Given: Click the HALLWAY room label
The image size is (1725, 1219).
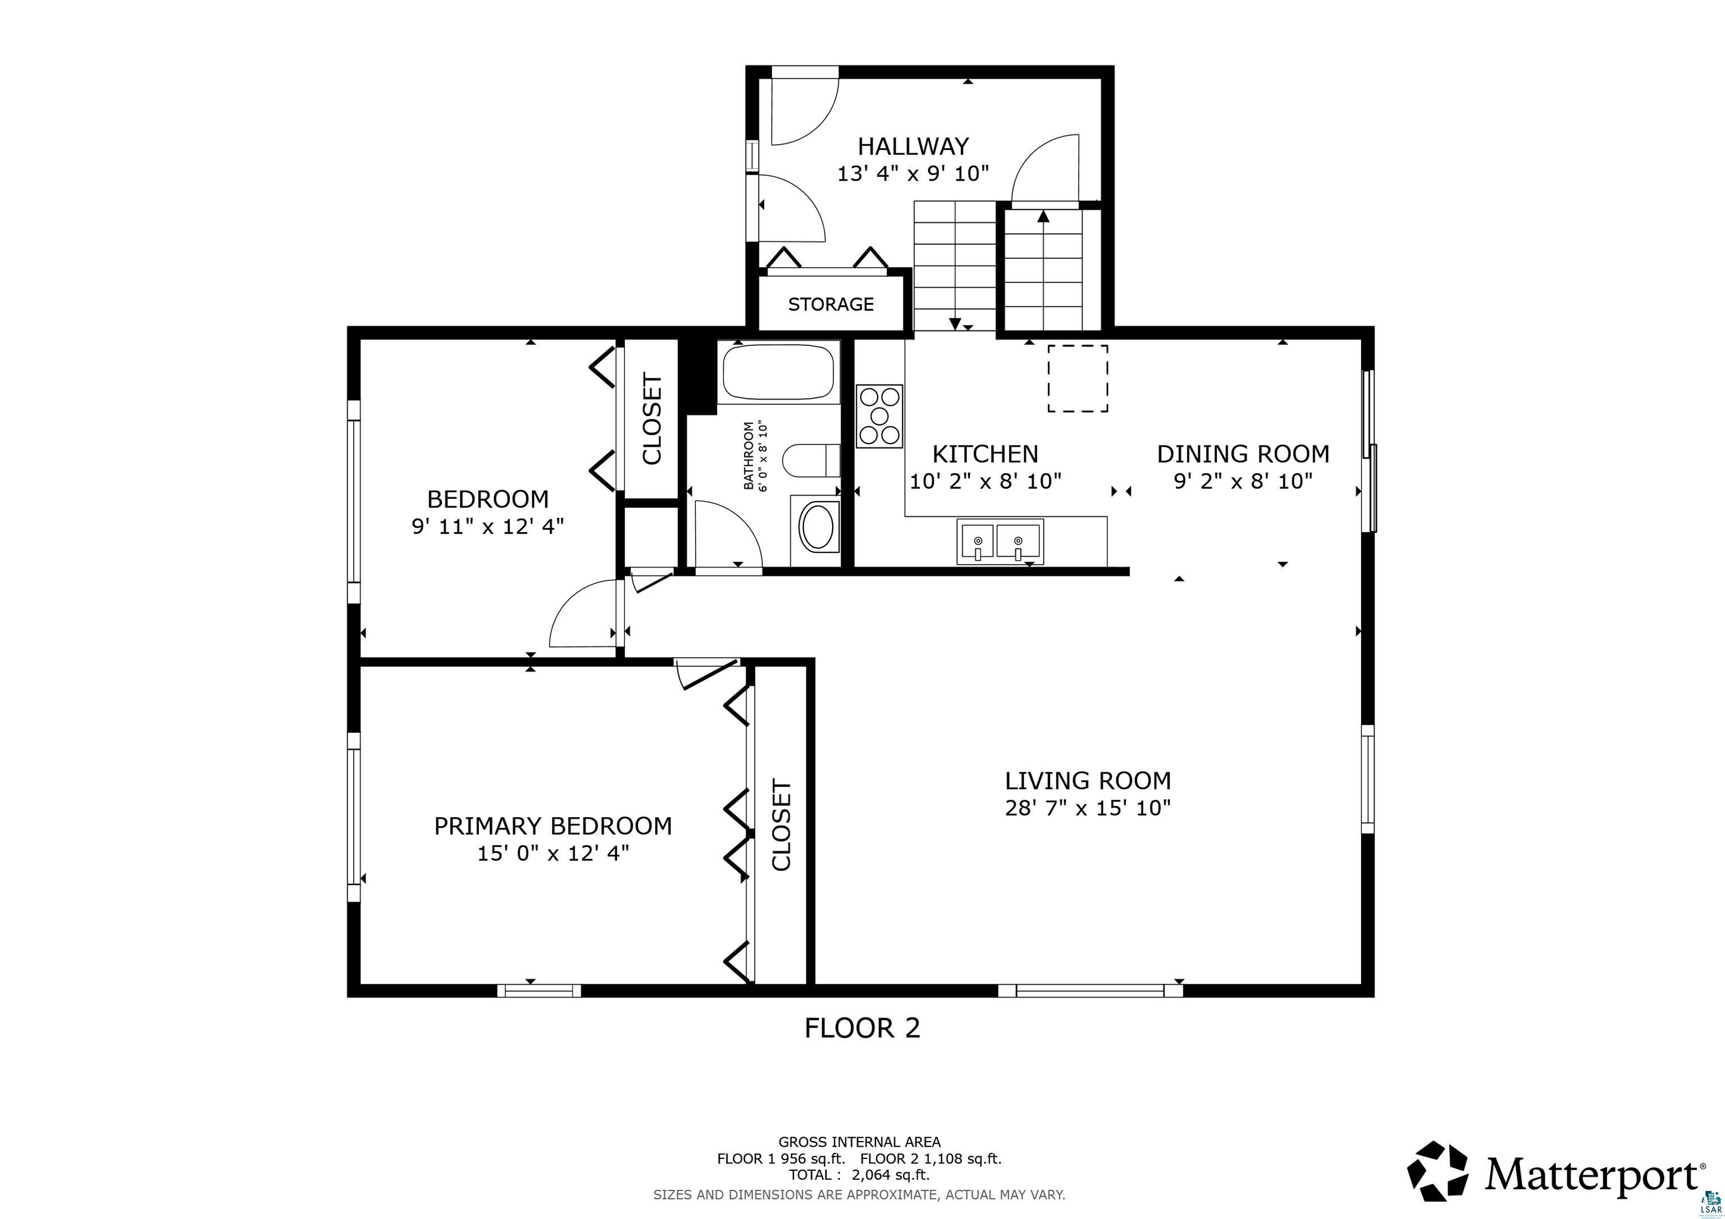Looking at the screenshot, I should (x=913, y=146).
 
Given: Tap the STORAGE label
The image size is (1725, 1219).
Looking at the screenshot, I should (x=830, y=304).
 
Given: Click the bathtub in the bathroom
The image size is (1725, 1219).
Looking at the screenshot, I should (x=778, y=372).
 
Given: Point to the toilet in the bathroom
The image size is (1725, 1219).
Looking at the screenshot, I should (x=811, y=460).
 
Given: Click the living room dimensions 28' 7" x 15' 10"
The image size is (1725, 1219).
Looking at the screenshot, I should (x=1087, y=808).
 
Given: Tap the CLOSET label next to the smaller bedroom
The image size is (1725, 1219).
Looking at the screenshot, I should (x=651, y=419).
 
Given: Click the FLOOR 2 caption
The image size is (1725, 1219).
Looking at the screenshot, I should (x=862, y=1028).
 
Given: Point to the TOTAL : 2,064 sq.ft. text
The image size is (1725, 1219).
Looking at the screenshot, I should (x=859, y=1175).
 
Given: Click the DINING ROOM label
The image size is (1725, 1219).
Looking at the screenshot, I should (x=1243, y=453).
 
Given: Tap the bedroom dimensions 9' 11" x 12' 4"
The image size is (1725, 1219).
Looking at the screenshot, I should (x=487, y=526).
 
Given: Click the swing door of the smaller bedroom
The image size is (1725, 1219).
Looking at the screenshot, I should (x=582, y=616).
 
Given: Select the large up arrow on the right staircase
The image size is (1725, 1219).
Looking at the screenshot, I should (x=1043, y=218).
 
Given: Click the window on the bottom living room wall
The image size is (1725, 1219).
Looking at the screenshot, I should (x=1089, y=991).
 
